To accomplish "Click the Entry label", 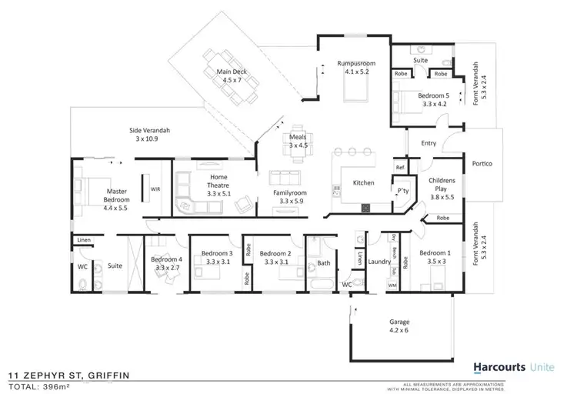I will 428,143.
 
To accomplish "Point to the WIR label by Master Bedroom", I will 155,188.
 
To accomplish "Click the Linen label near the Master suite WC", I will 83,241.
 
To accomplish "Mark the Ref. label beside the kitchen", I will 400,167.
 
